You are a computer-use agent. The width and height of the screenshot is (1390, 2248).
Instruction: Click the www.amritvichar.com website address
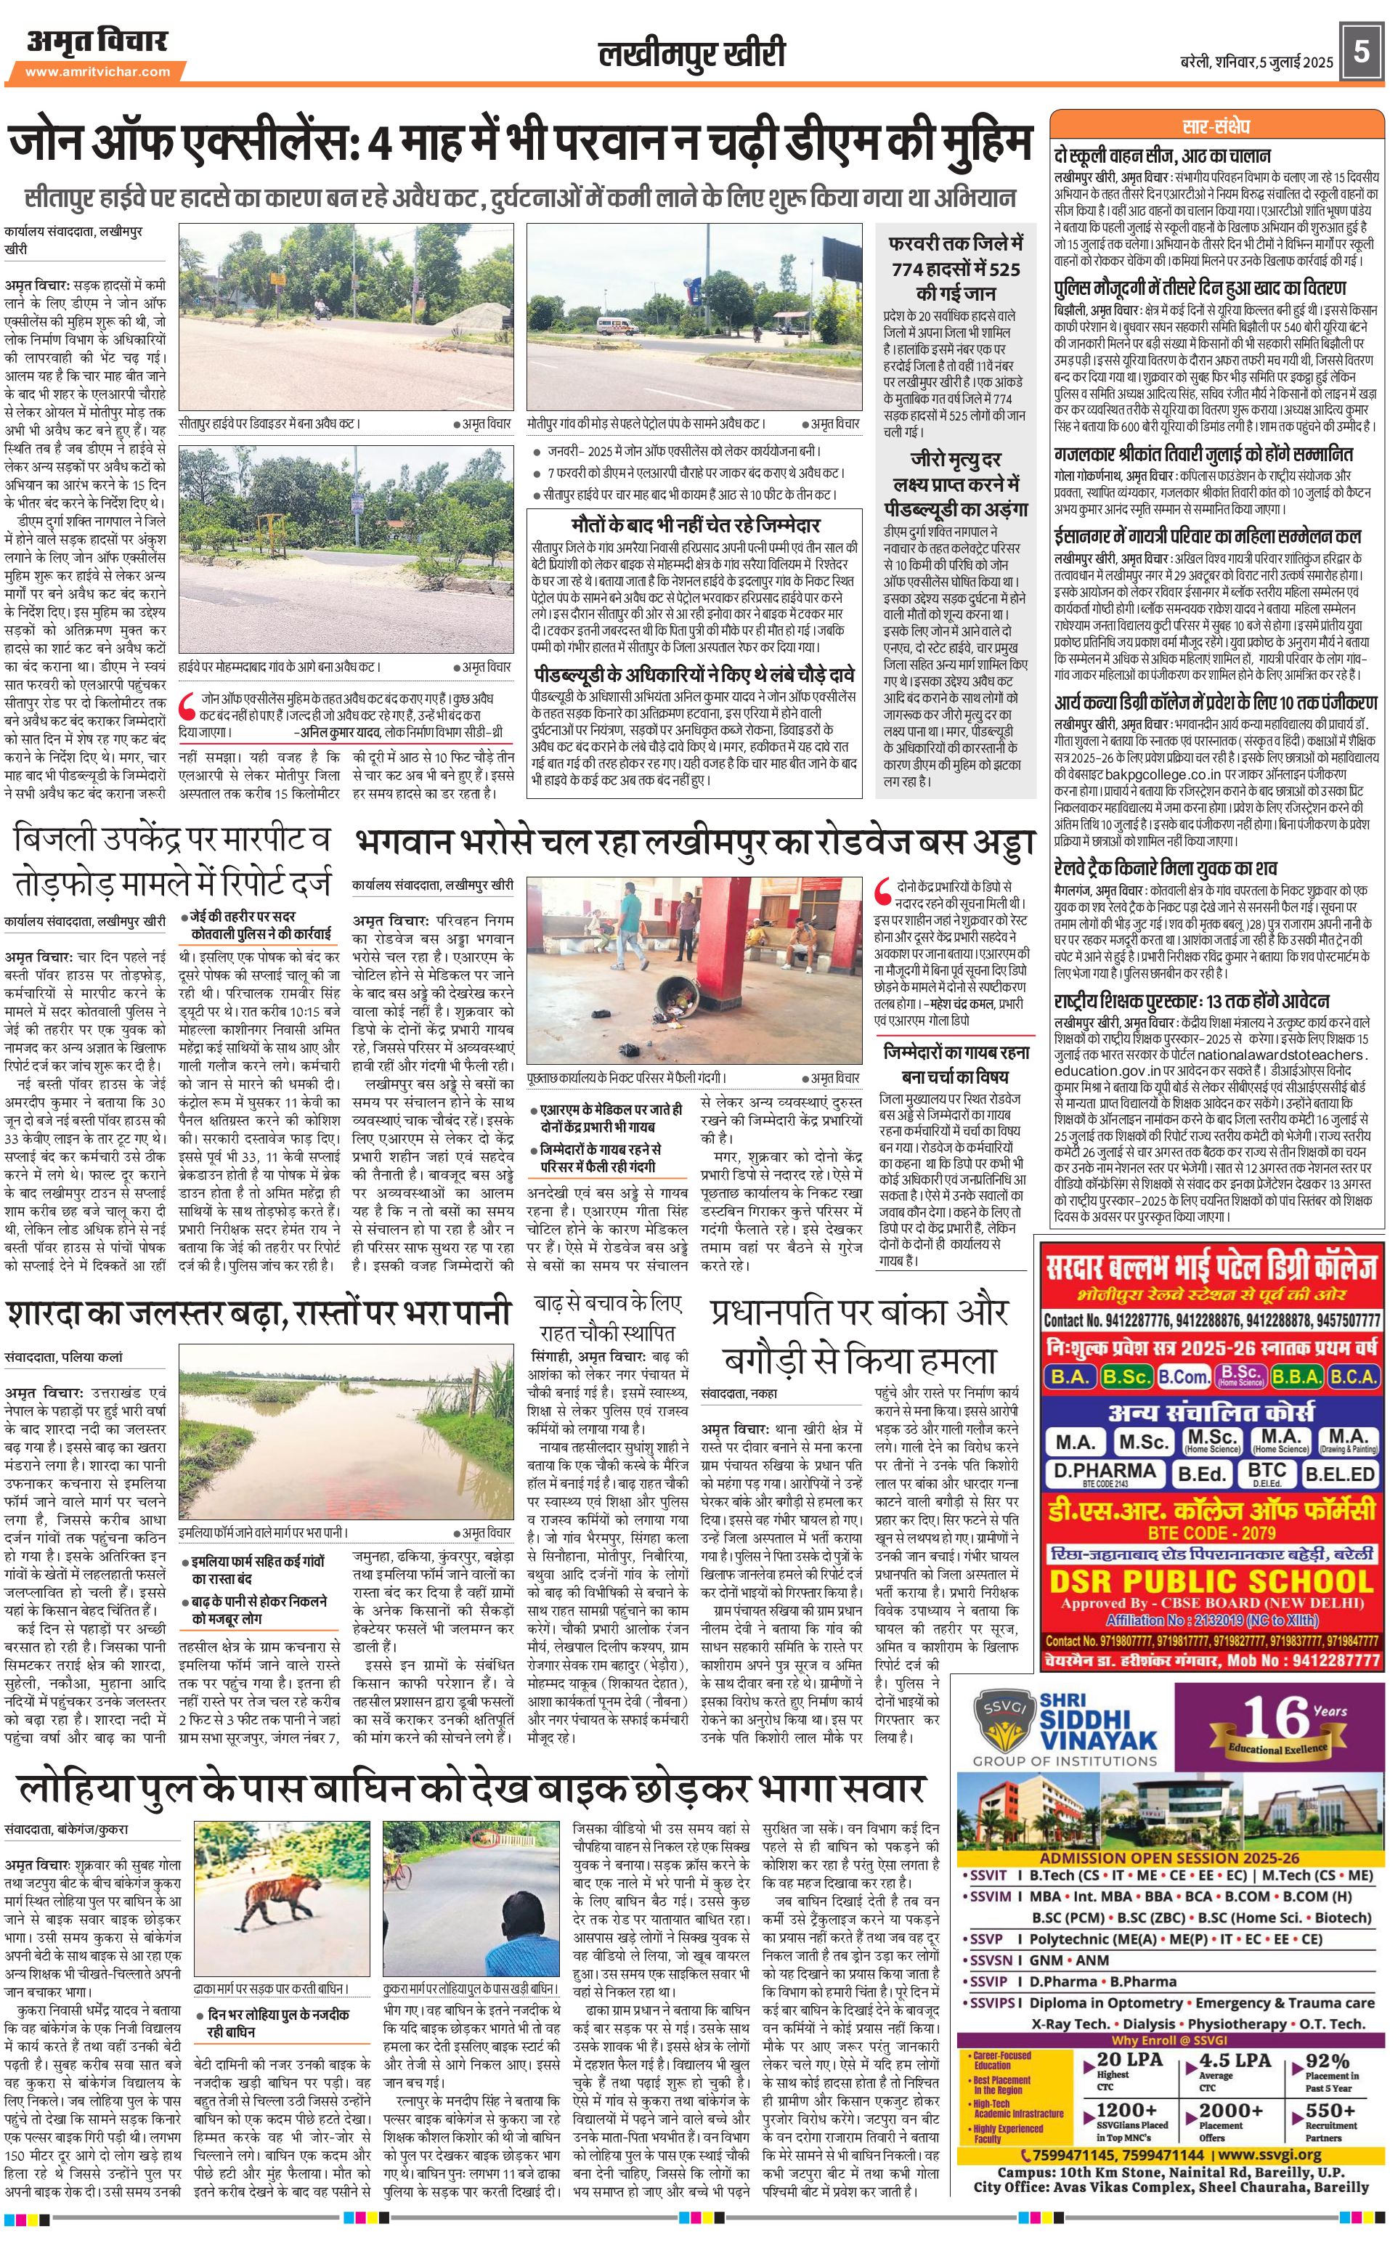(x=97, y=72)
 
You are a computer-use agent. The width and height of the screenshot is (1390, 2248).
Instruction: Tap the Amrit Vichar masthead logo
(x=97, y=41)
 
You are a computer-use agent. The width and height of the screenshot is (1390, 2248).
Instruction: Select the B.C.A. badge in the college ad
(x=1353, y=1376)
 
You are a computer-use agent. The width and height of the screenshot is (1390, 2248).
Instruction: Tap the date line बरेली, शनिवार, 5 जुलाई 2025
(x=1256, y=62)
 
